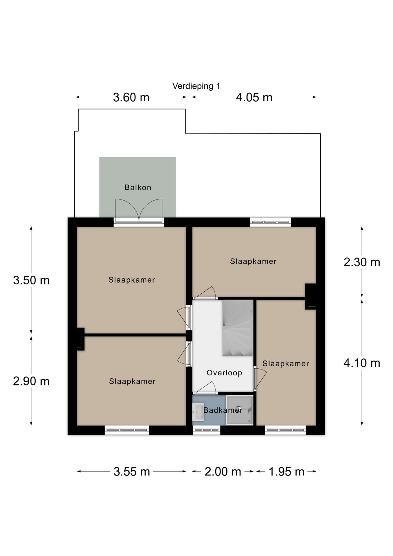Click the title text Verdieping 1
coord(196,86)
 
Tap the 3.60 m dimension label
coord(131,97)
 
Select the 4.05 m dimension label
coord(254,97)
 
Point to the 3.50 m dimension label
coord(31,280)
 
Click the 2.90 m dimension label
coord(31,381)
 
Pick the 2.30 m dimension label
coord(362,262)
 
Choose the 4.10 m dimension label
coord(362,363)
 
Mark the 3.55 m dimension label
coord(132,472)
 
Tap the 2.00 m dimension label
coord(223,472)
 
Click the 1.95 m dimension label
coord(287,472)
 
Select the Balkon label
coord(138,187)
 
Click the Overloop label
coord(224,373)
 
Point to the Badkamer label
coord(223,410)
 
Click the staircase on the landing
coord(238,328)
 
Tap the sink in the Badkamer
coord(199,412)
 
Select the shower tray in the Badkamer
coord(240,410)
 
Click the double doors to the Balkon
coord(139,210)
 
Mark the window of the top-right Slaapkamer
coord(271,222)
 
